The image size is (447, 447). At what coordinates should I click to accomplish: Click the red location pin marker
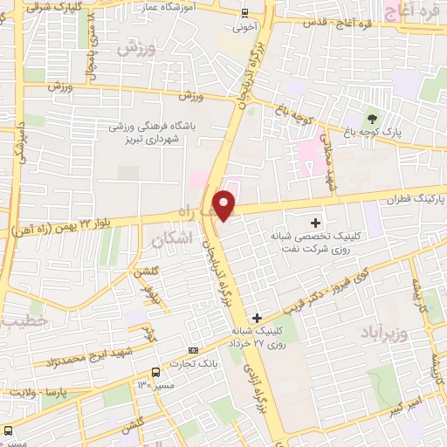tap(225, 204)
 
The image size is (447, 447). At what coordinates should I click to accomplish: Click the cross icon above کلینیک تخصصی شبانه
tap(315, 223)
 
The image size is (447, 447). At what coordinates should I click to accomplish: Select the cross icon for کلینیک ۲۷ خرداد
tap(256, 319)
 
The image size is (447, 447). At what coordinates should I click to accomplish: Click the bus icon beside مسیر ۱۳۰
tap(155, 371)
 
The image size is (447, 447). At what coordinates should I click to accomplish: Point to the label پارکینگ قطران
tap(417, 200)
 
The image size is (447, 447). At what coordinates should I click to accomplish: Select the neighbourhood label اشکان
tap(170, 239)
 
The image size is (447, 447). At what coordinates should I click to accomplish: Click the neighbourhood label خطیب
tap(19, 322)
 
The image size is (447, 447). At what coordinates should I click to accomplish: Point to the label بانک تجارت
tap(203, 366)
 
